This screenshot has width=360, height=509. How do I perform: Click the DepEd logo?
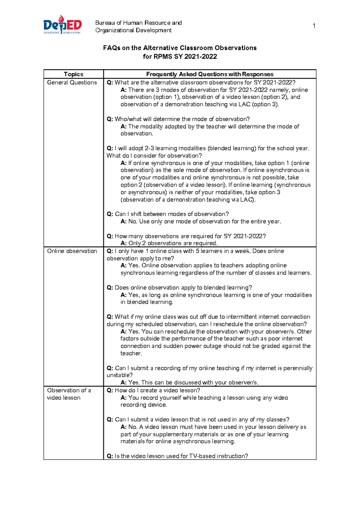point(62,25)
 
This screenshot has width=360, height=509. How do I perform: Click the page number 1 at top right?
point(314,26)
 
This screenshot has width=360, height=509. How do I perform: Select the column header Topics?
point(73,74)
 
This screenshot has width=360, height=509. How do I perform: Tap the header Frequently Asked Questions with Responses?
point(210,74)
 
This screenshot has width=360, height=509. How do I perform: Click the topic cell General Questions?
point(72,83)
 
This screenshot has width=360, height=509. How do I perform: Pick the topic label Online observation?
point(72,251)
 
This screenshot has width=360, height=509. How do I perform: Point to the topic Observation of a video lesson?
point(69,394)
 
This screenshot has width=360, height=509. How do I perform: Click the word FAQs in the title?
point(112,48)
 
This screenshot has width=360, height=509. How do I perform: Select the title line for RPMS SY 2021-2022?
point(180,57)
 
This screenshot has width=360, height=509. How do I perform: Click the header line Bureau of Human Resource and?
point(138,23)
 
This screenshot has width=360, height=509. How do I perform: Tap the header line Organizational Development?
point(133,30)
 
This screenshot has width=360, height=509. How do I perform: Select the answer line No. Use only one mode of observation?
point(201,221)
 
